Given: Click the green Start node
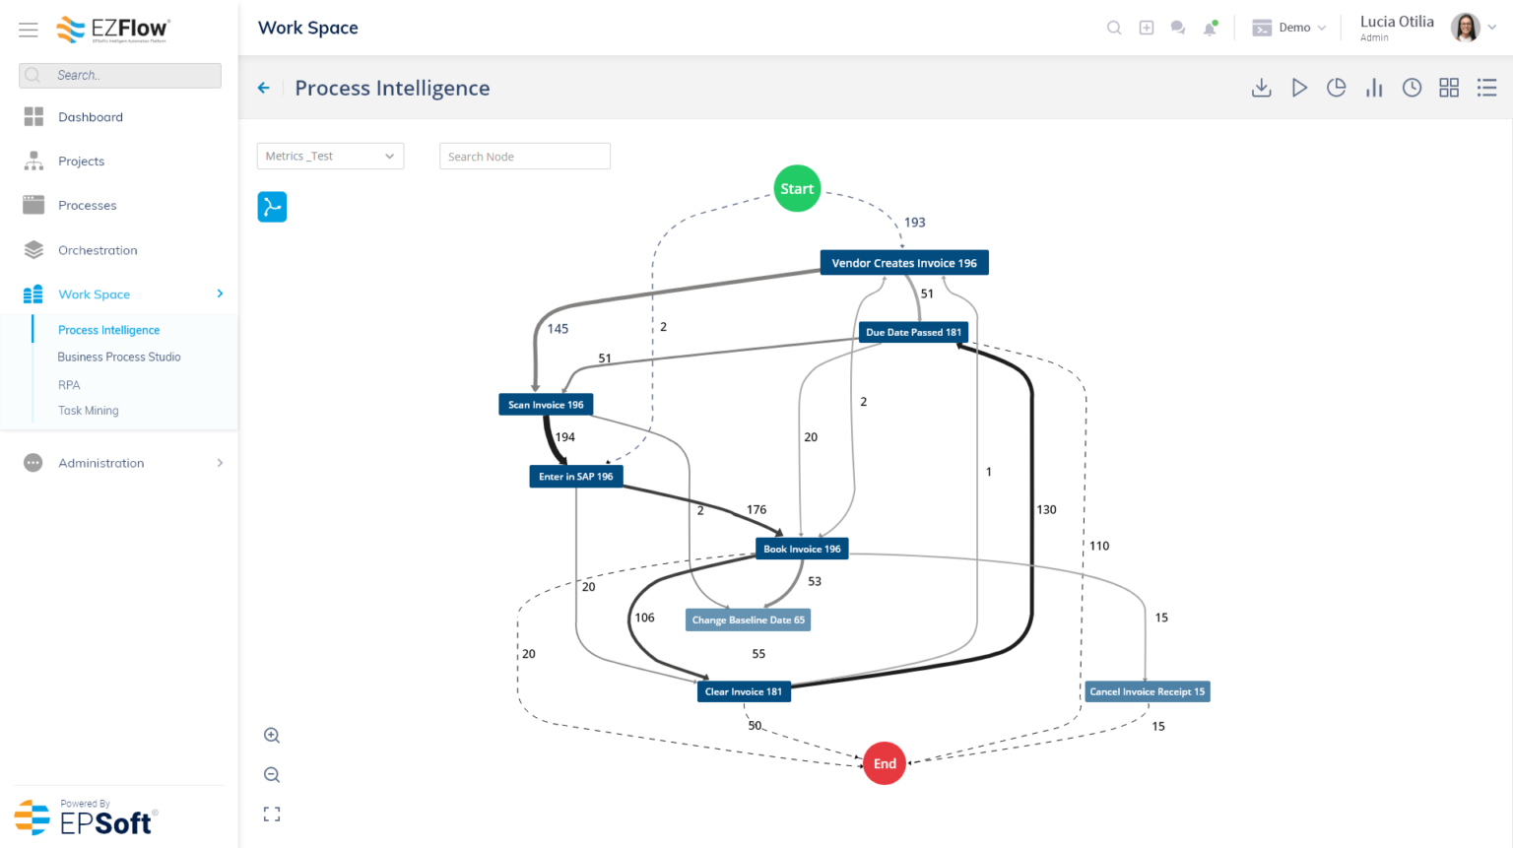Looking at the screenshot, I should tap(797, 188).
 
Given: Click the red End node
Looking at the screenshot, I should tap(884, 763).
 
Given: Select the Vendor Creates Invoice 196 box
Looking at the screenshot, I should tap(903, 263).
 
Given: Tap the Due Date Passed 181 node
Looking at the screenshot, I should tap(913, 333).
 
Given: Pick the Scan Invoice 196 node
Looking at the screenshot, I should tap(546, 405).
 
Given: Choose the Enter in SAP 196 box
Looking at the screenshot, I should tap(575, 477).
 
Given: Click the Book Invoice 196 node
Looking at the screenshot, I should tap(802, 550).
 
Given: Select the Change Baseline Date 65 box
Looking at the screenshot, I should tap(748, 620).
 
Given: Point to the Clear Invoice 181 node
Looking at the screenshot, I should tap(743, 691).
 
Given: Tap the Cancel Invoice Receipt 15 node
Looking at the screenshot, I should tap(1147, 691).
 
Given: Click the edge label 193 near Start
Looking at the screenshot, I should tap(914, 223).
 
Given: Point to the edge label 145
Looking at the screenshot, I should tap(558, 329).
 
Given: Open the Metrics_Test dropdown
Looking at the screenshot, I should tap(330, 157).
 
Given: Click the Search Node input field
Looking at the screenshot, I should tap(524, 157).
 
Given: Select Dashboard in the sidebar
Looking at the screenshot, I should tap(91, 117).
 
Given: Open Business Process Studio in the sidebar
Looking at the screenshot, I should tap(119, 358).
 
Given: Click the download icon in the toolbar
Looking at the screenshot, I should tap(1261, 88).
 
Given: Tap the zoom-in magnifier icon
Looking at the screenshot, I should tap(272, 736).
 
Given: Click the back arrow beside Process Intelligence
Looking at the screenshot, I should tap(264, 88).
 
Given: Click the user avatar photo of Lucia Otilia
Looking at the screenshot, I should tap(1465, 28).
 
